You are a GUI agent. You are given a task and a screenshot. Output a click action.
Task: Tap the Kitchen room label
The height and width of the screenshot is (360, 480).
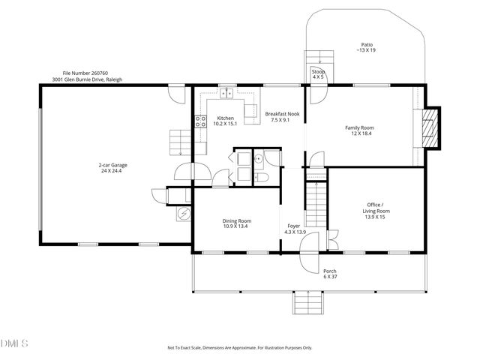click(x=226, y=121)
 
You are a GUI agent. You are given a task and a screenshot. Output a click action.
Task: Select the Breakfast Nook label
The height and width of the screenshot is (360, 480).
click(x=283, y=116)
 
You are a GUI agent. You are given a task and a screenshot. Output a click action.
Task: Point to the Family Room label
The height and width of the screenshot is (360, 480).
click(x=359, y=130)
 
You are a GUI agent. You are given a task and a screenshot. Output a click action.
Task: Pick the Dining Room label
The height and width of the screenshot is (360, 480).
click(x=236, y=223)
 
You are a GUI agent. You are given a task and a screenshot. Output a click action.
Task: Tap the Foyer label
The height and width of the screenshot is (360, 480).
click(x=294, y=229)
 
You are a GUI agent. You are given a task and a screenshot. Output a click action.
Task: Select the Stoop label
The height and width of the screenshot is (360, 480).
click(x=319, y=73)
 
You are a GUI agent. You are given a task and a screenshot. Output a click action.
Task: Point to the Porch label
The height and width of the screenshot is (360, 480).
click(x=329, y=274)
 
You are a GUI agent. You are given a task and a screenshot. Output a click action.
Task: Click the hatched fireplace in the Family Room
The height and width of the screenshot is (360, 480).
click(x=429, y=132)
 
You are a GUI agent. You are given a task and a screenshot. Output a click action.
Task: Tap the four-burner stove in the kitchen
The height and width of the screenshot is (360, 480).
click(x=201, y=122)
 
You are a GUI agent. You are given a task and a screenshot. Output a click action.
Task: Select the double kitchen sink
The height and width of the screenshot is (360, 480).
click(x=227, y=94)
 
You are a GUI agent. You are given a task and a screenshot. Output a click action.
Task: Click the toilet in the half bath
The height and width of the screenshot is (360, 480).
click(x=262, y=176)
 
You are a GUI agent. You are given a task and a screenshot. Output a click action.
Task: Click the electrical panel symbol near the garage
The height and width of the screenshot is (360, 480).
click(x=182, y=214)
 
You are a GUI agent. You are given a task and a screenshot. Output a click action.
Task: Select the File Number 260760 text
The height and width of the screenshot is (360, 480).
click(x=83, y=73)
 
